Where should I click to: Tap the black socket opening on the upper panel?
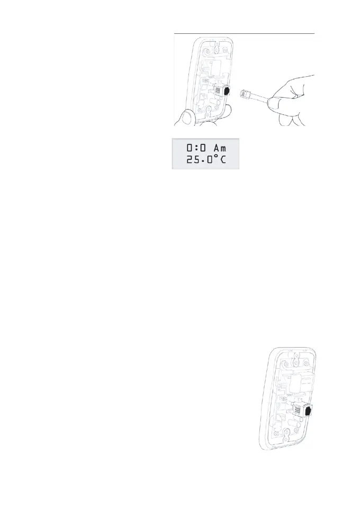coord(227,90)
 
